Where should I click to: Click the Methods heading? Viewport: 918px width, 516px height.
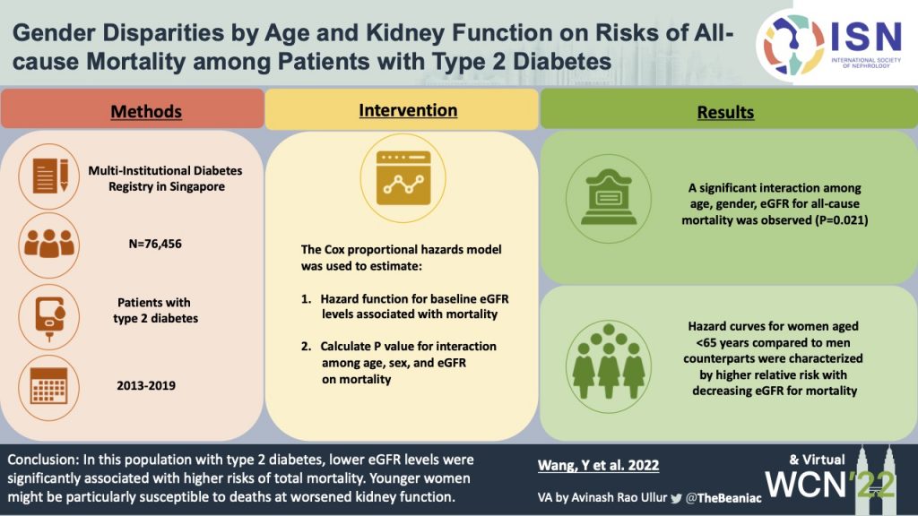pos(146,111)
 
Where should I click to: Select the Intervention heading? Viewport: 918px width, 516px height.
pos(408,110)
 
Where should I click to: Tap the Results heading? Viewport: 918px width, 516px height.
pos(725,112)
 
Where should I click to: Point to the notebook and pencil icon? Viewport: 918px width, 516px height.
pos(50,176)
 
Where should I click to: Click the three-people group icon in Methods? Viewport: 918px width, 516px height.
pos(49,244)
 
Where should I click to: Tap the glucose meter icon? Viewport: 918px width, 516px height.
pos(50,317)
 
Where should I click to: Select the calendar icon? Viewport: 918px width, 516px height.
pos(48,385)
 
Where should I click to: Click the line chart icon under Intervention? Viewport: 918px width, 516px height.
pos(403,178)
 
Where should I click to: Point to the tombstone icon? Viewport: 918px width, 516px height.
pos(609,198)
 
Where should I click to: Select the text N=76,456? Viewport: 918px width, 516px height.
pos(155,244)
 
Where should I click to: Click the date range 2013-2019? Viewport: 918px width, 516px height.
pos(146,385)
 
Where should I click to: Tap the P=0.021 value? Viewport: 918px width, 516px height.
pos(841,220)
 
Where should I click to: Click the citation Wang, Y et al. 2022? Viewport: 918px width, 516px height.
pos(598,465)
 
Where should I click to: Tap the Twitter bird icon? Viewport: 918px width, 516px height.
pos(676,498)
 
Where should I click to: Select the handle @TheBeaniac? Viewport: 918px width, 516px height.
pos(723,498)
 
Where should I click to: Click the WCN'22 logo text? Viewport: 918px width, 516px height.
pos(830,485)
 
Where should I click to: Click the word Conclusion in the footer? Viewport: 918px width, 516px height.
pos(41,460)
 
